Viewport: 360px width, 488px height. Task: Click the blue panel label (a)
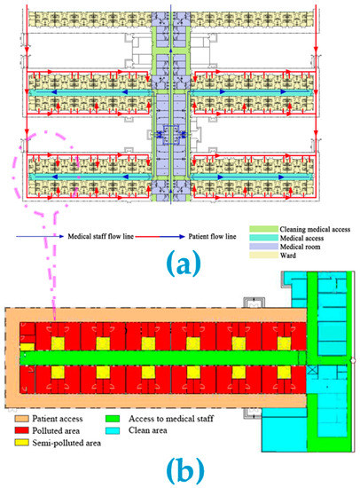pyautogui.click(x=179, y=264)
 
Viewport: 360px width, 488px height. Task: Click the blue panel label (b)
pyautogui.click(x=180, y=466)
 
